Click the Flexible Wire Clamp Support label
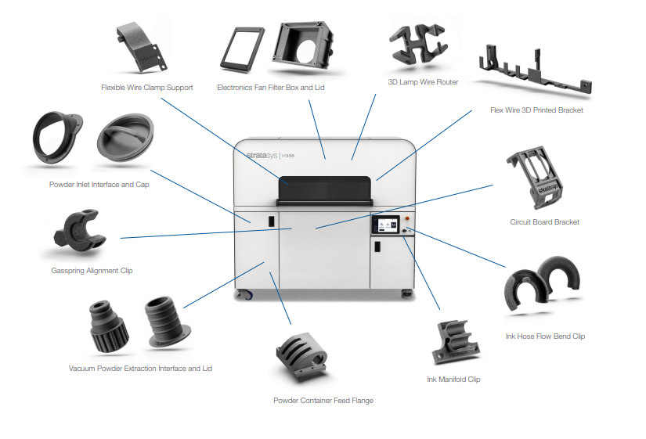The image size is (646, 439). coord(146,87)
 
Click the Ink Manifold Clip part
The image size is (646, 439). coord(454,340)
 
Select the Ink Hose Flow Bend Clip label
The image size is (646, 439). coord(545,336)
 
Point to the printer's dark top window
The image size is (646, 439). coord(325,186)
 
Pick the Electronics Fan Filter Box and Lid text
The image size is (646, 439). coord(270,87)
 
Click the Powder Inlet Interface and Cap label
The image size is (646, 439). coord(99,185)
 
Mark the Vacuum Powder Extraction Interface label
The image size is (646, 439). coord(140,368)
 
